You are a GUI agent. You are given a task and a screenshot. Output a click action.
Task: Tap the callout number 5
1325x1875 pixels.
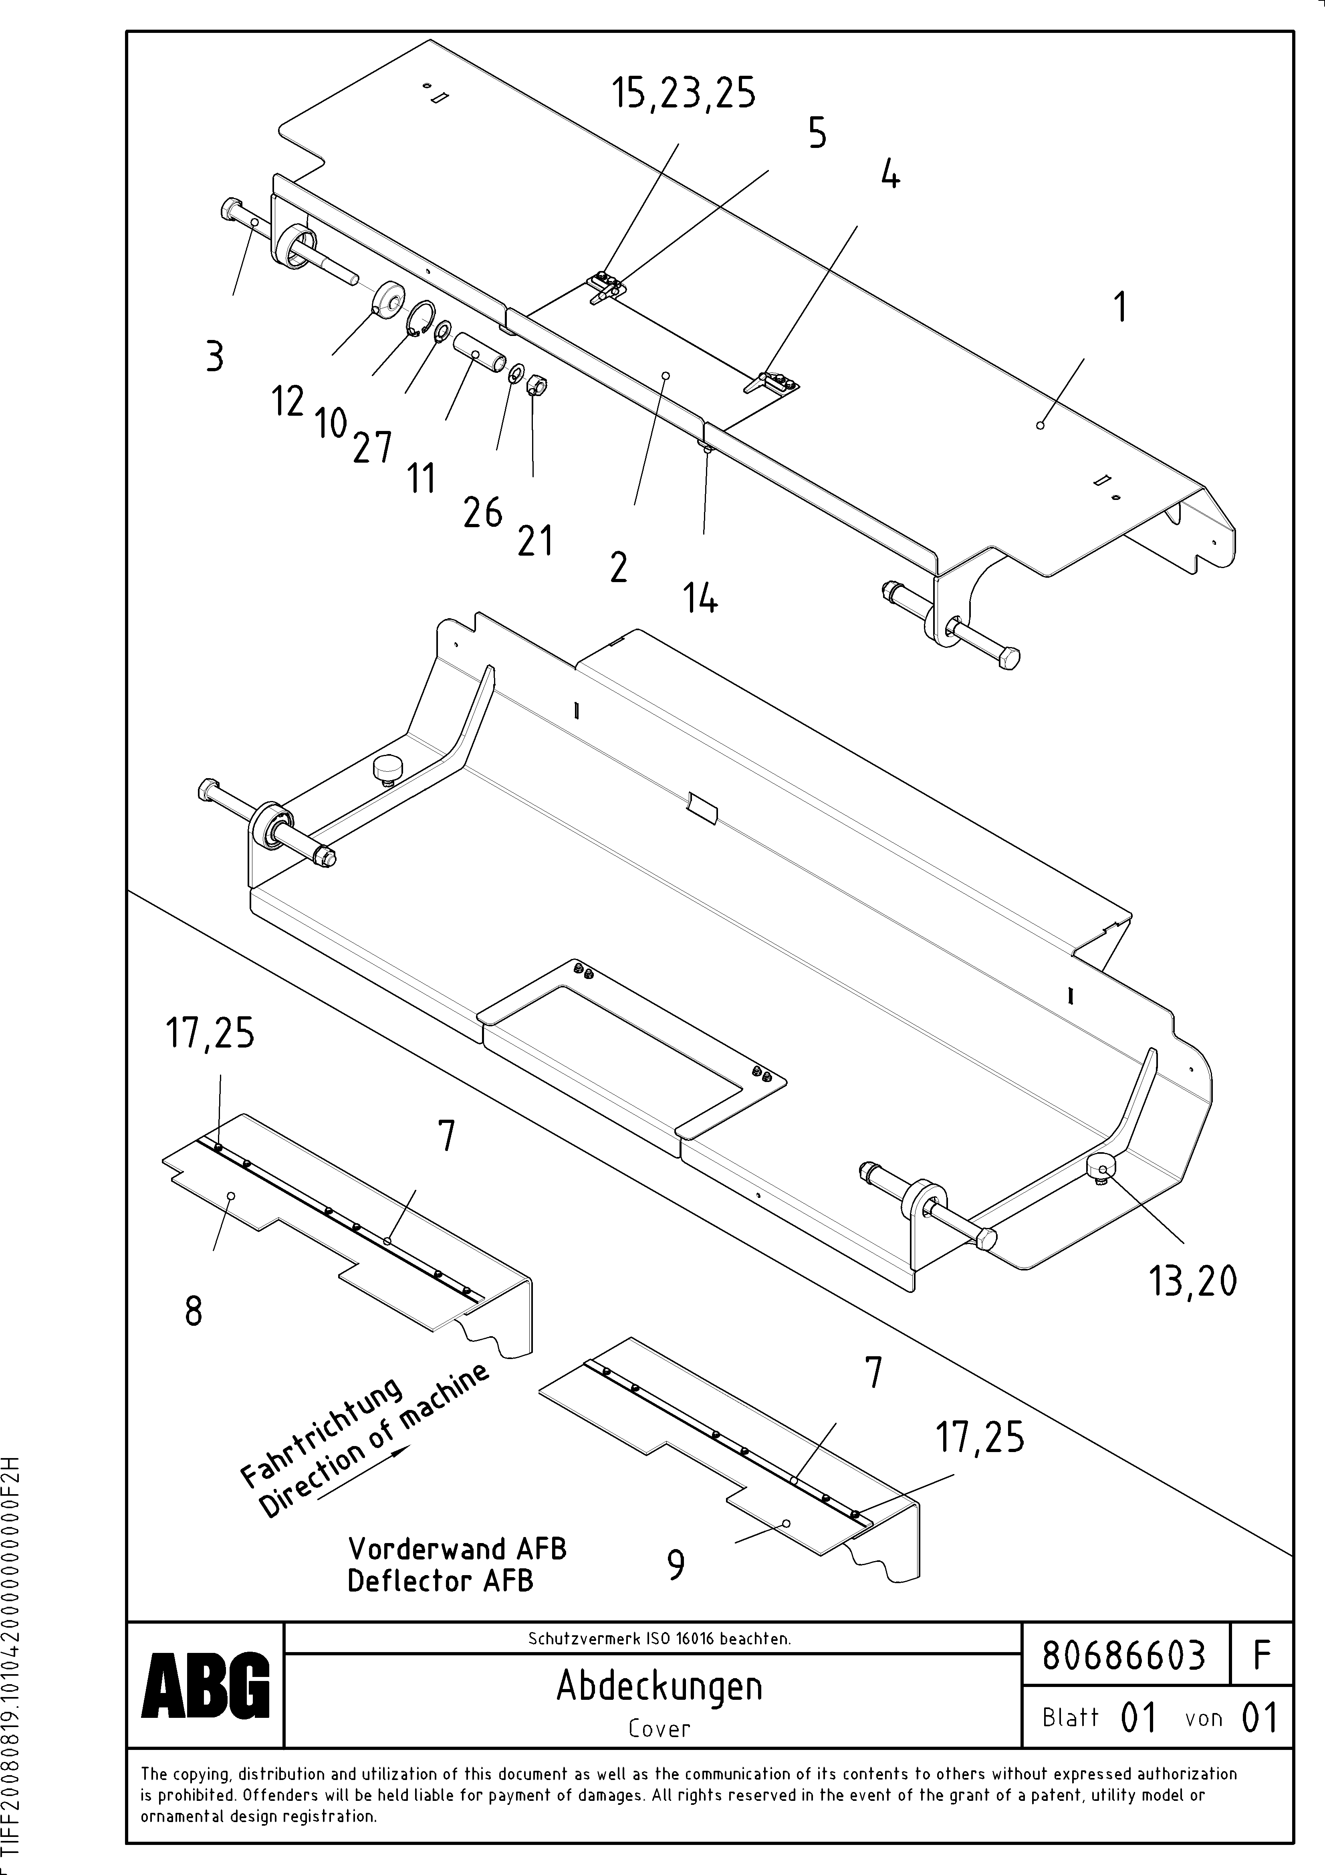coord(817,133)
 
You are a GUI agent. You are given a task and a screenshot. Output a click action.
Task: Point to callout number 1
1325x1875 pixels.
coord(1121,308)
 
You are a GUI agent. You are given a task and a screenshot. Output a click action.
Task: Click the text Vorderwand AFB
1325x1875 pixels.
coord(457,1549)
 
